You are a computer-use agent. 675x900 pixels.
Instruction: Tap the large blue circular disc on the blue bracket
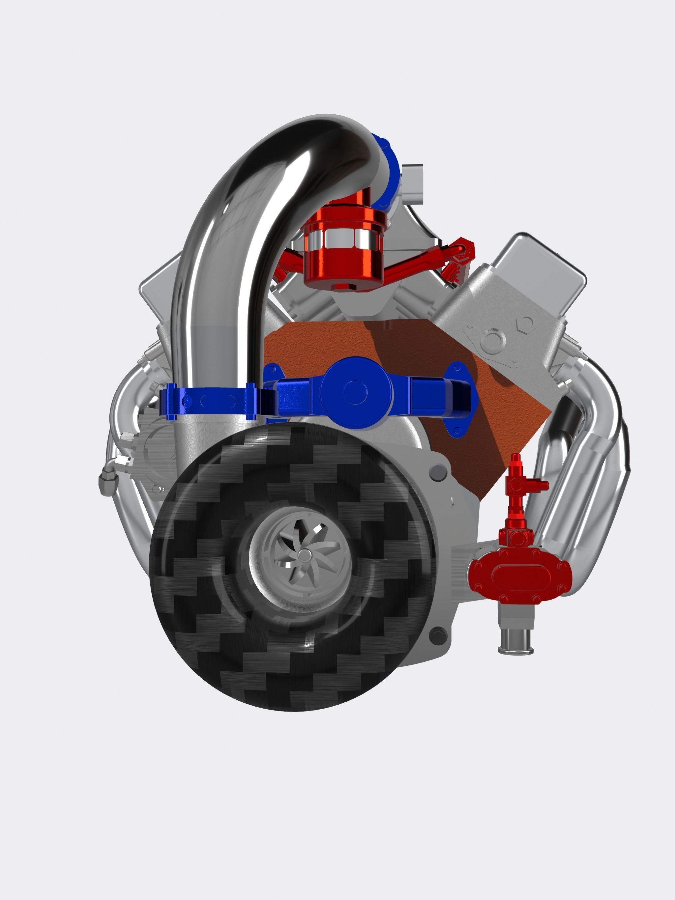click(x=355, y=392)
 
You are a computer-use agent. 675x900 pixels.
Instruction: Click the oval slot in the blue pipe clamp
click(x=218, y=401)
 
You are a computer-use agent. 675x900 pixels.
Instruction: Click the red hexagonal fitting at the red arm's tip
click(x=466, y=249)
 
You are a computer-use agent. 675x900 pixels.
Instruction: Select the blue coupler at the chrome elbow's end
click(x=387, y=171)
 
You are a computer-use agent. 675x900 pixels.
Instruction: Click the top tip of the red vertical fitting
click(x=516, y=458)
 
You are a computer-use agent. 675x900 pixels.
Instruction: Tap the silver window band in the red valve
click(x=344, y=238)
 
